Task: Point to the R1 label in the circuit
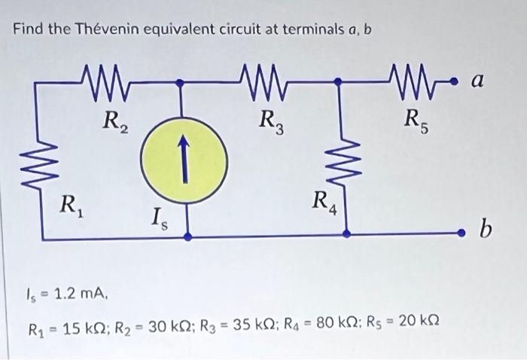[72, 203]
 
